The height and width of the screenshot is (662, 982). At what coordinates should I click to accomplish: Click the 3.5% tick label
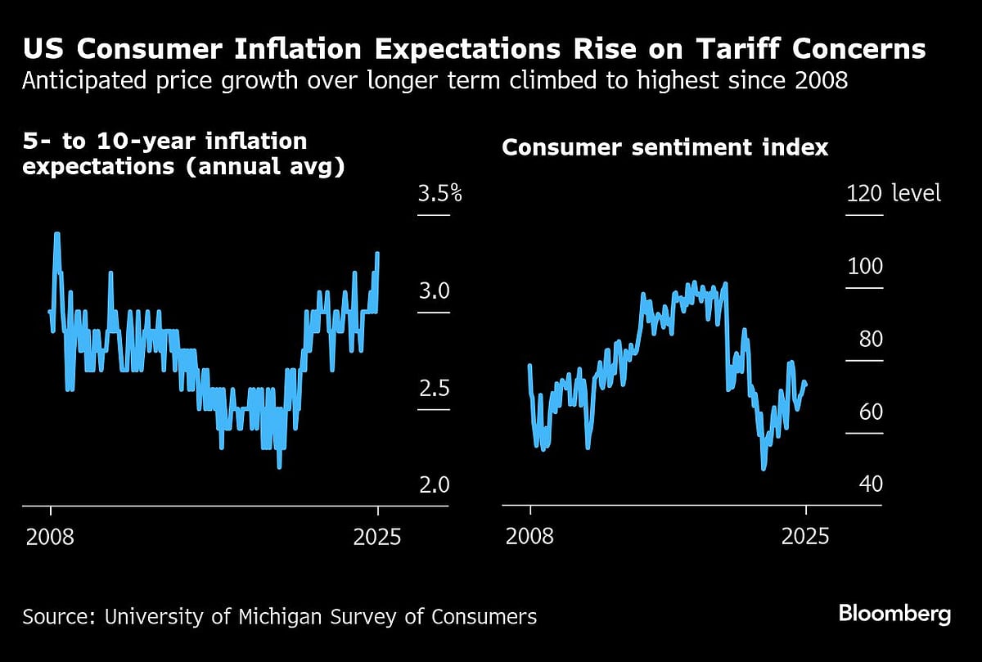coord(440,195)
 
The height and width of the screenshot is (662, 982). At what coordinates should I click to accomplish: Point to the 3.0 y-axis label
coord(435,291)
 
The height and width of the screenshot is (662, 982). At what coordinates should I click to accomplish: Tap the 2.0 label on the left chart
coord(435,484)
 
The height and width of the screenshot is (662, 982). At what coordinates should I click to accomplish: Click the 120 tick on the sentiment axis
coord(864,194)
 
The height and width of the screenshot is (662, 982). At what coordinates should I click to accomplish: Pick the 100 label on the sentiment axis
coord(864,267)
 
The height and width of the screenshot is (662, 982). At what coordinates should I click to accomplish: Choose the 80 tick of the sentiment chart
coord(870,340)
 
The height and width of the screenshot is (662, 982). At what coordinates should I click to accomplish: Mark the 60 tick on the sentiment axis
coord(870,412)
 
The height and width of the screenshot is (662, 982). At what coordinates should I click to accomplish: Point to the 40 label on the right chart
coord(870,484)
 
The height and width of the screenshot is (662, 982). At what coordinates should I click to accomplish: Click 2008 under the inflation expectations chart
coord(51,537)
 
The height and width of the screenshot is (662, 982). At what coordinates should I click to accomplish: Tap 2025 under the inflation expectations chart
coord(378,537)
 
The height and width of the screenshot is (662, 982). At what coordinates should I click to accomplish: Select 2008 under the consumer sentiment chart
coord(530,537)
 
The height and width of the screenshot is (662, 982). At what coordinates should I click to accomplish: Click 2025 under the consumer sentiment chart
coord(806,537)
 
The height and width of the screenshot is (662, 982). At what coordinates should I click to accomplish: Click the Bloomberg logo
coord(894,614)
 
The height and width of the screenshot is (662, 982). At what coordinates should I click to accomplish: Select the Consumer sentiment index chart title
coord(664,148)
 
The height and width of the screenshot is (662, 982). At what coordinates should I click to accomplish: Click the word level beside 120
coord(917,194)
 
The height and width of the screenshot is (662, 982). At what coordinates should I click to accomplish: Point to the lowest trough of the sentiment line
coord(764,468)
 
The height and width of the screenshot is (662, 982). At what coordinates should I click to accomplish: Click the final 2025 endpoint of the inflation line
coord(377,254)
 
